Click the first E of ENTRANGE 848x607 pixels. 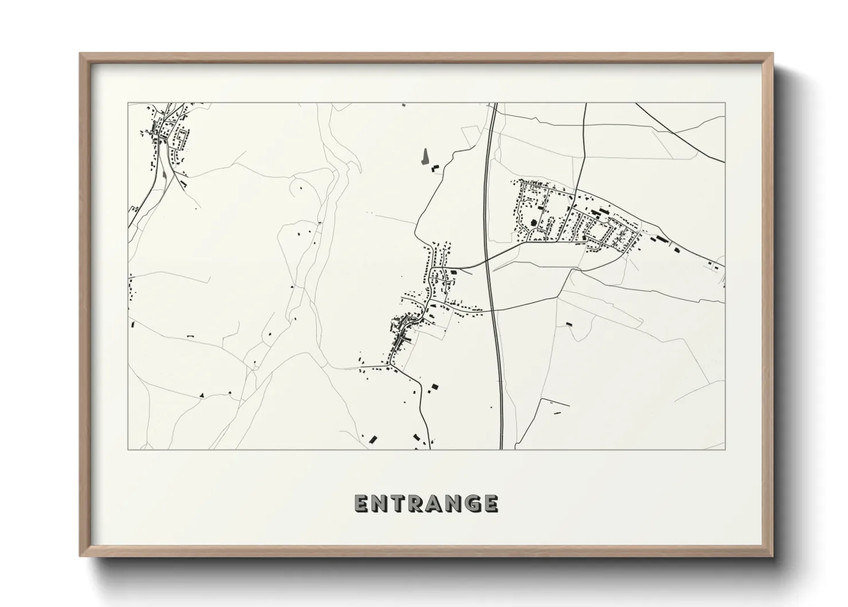tap(360, 503)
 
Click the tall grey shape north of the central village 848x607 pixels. tap(424, 156)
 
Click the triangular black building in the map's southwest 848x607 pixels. tap(202, 395)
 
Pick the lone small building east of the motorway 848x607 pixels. tap(569, 324)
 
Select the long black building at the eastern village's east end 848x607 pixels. tap(662, 238)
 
